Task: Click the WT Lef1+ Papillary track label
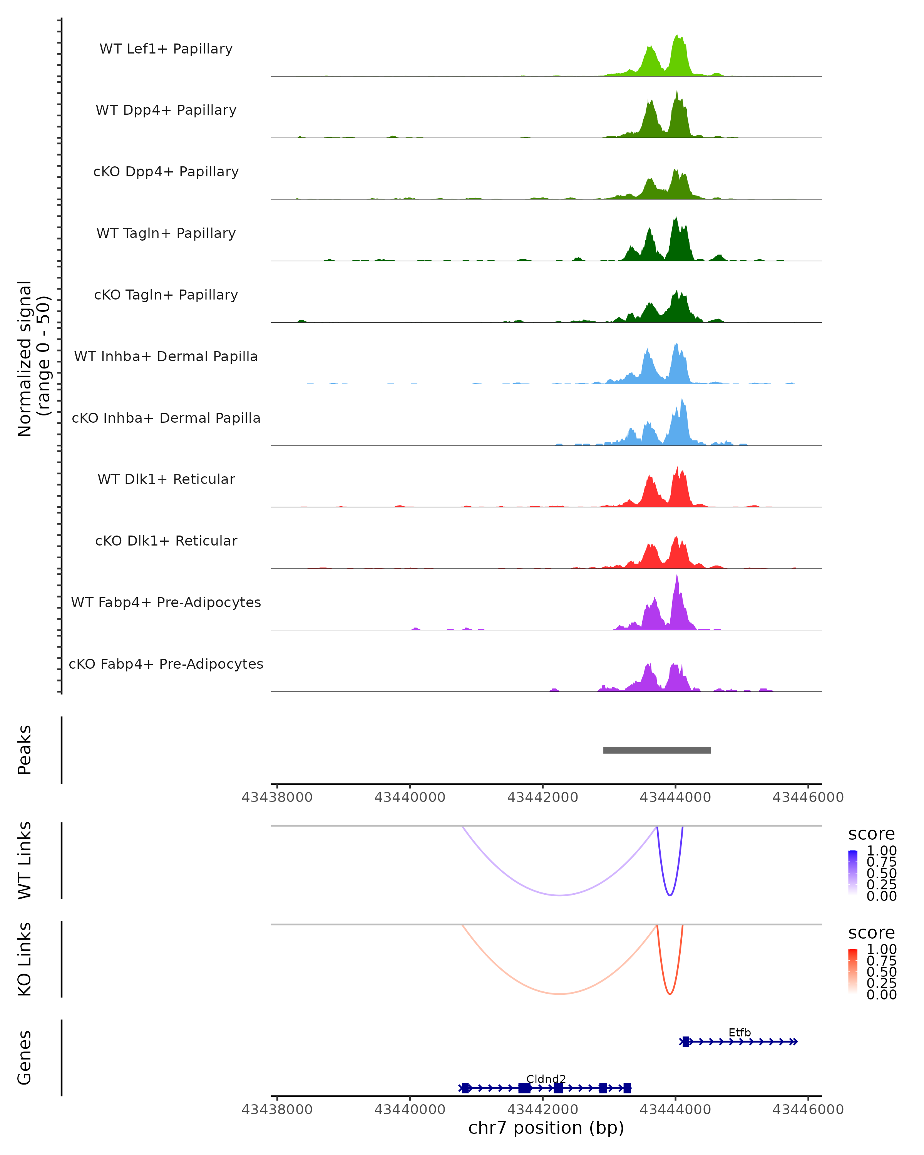(166, 49)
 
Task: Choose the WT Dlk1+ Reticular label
(166, 479)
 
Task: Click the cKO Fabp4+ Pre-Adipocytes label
(166, 664)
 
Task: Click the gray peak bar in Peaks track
(657, 750)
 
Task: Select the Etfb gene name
(739, 1032)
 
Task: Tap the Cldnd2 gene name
(546, 1079)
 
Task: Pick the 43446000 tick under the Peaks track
(808, 797)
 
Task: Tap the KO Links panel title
(25, 959)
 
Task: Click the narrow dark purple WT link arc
(670, 895)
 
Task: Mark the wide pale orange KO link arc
(559, 994)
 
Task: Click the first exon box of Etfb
(686, 1041)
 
